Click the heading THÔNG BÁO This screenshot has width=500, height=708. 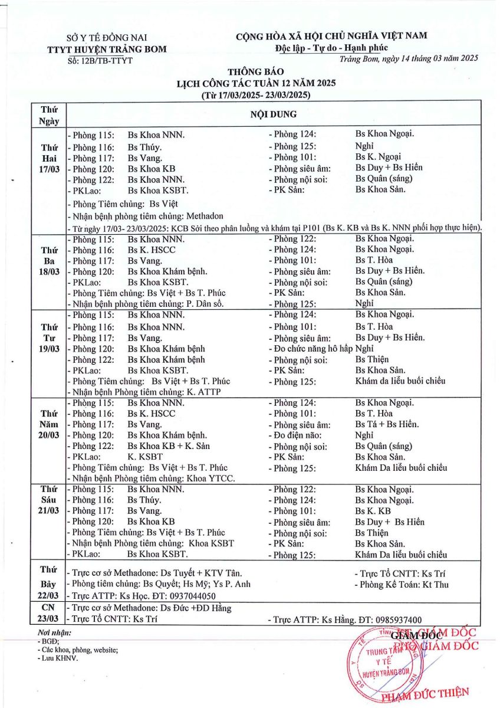click(x=256, y=72)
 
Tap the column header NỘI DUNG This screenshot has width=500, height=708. click(x=281, y=114)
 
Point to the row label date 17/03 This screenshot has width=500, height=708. click(x=50, y=169)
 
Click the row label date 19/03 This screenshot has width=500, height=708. click(x=50, y=349)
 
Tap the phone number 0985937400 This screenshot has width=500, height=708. click(x=392, y=619)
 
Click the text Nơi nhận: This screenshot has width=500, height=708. click(x=54, y=632)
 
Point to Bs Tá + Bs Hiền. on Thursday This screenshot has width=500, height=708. click(x=387, y=424)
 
